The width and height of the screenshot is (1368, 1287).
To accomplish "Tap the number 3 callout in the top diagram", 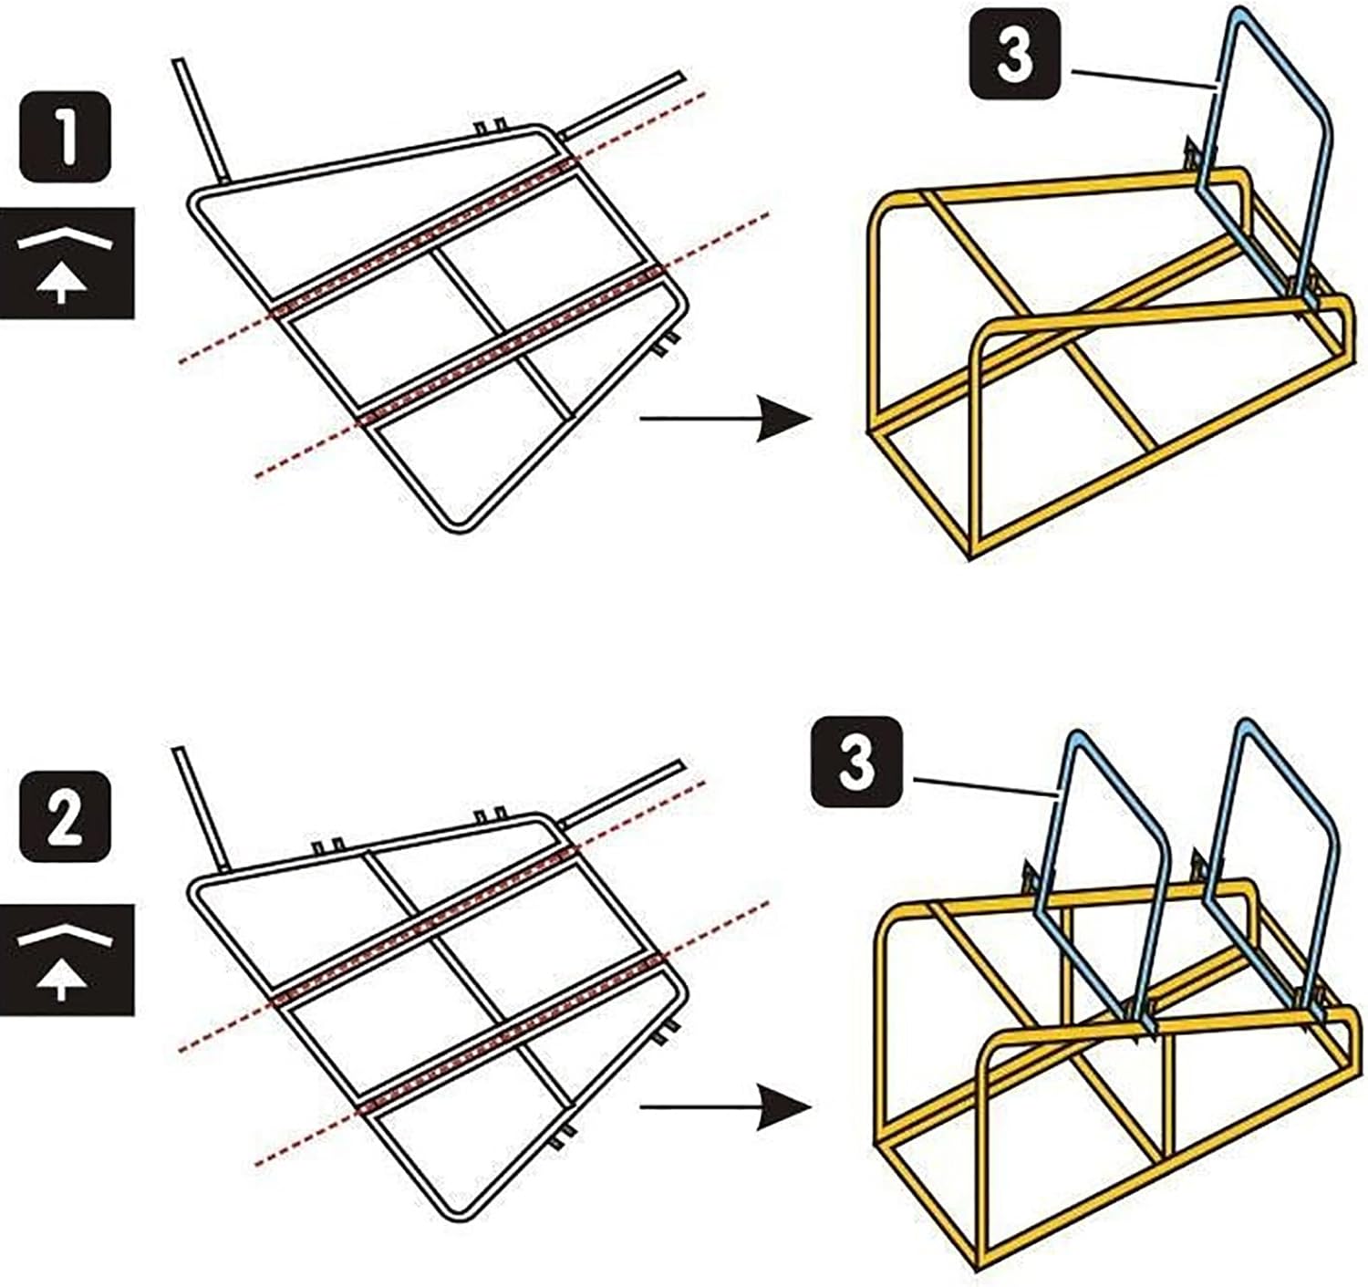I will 1013,55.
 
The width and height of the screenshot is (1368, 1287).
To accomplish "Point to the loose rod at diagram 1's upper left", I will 200,119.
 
